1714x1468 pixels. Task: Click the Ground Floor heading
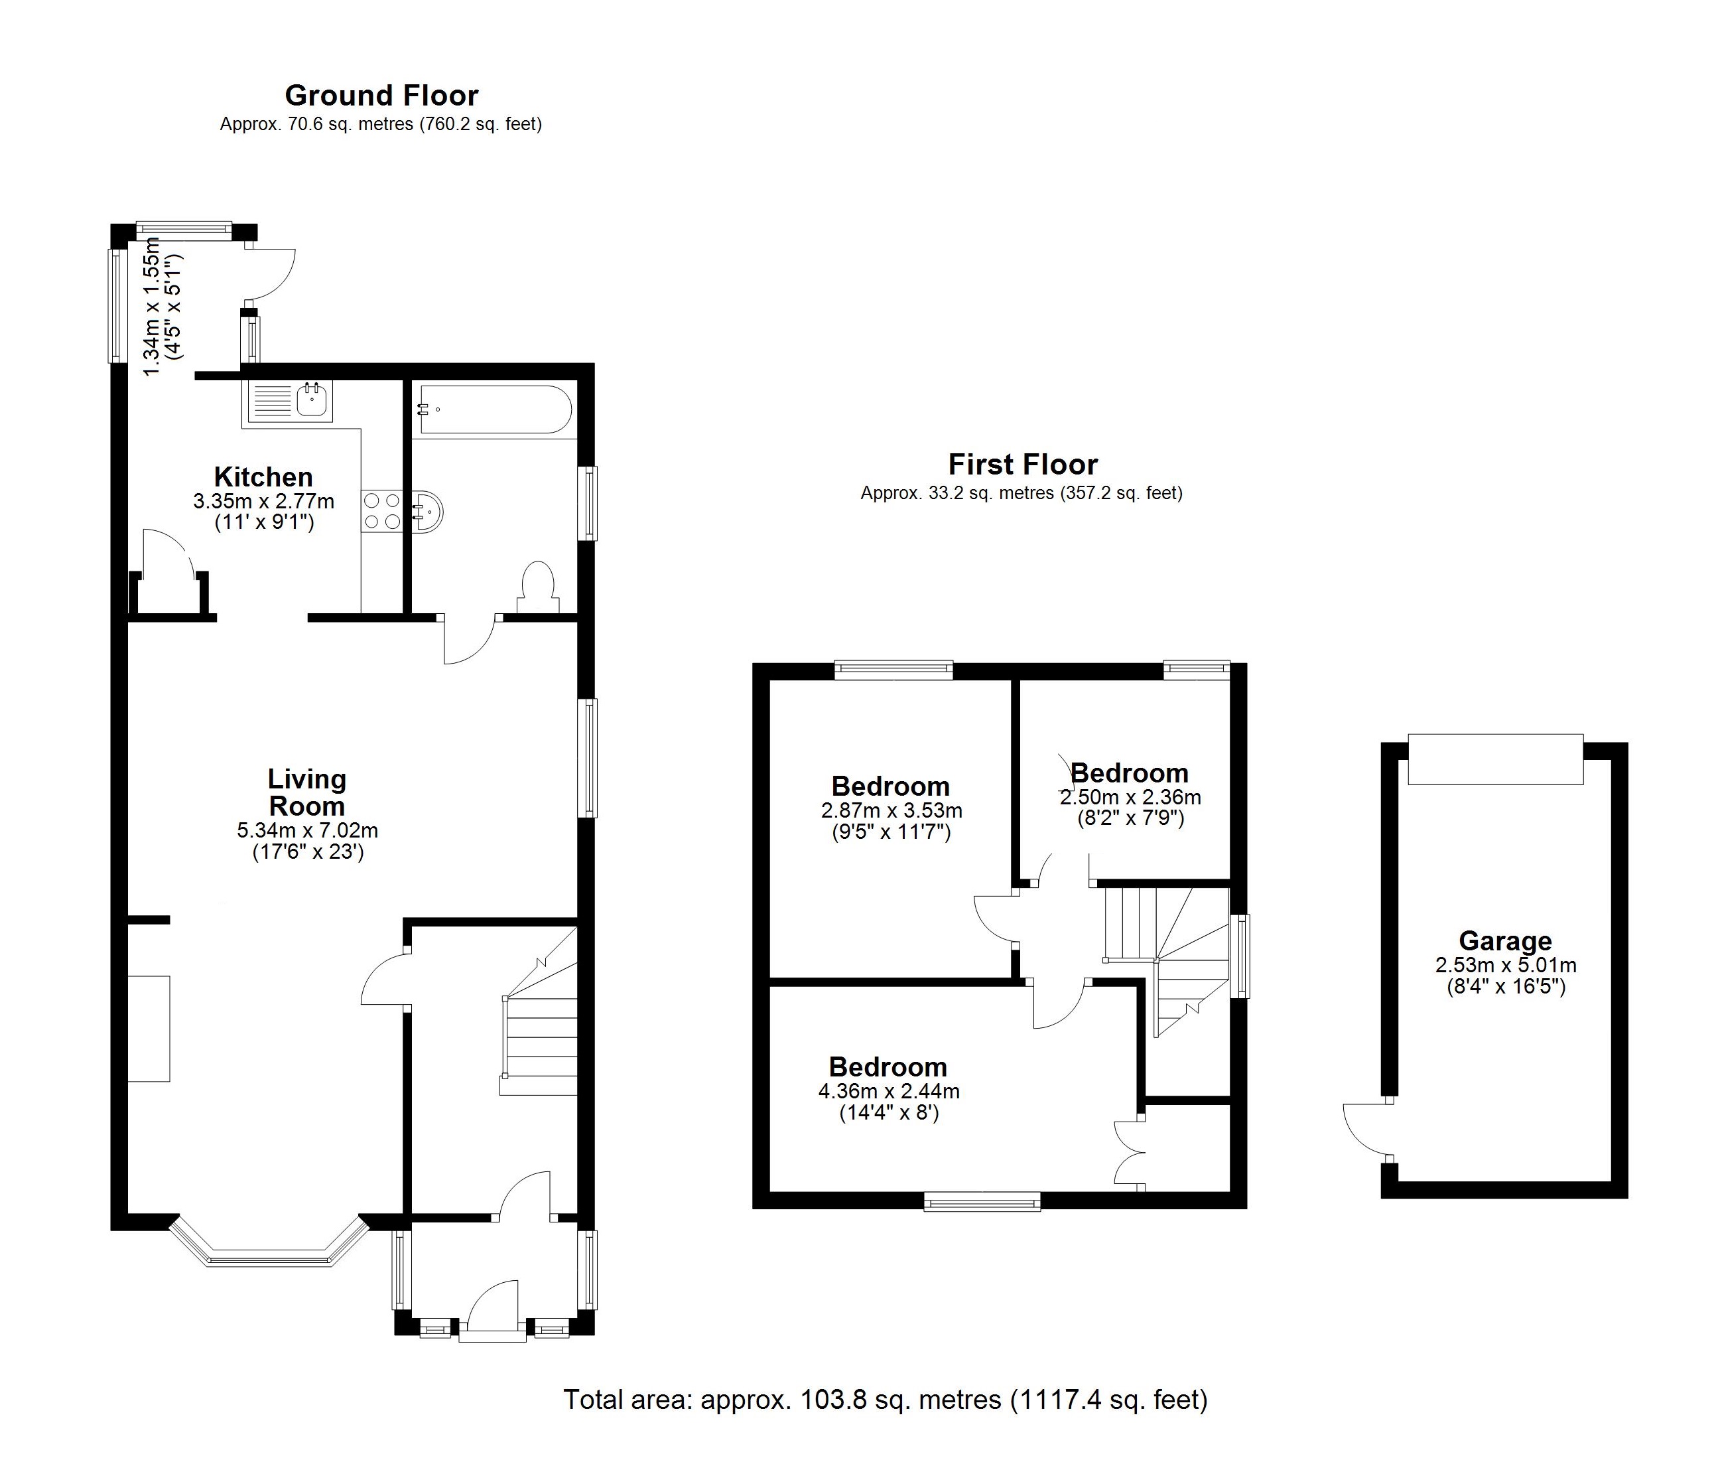[x=381, y=96]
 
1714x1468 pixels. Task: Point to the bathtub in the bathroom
[x=495, y=409]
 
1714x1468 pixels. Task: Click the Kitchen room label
[x=263, y=477]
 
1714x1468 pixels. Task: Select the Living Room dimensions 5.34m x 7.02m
[x=307, y=830]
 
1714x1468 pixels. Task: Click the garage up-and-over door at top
[x=1495, y=759]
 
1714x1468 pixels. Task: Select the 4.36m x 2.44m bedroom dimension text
[x=888, y=1092]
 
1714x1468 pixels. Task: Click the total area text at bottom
[x=885, y=1400]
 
